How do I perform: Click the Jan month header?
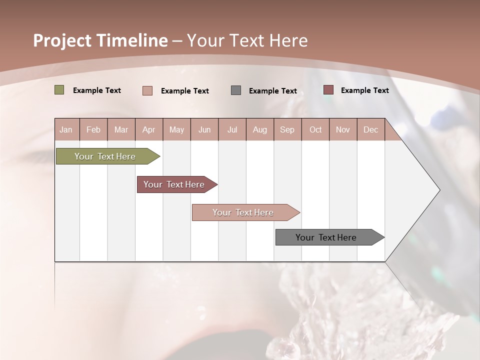click(66, 130)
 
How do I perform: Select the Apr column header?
click(149, 130)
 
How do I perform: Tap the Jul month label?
click(232, 130)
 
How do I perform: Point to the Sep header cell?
click(287, 130)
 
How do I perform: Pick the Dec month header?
click(370, 130)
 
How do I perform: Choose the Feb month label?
click(93, 130)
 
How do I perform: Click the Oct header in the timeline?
click(315, 130)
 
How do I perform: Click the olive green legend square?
click(59, 90)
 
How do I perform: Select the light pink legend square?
click(147, 90)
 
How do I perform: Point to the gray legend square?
click(236, 90)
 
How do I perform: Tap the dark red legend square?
click(328, 90)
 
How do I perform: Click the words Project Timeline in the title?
click(100, 40)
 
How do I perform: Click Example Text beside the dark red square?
click(364, 90)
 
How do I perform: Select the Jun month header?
click(204, 130)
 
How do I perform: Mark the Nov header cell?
click(342, 130)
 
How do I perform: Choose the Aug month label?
click(260, 130)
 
